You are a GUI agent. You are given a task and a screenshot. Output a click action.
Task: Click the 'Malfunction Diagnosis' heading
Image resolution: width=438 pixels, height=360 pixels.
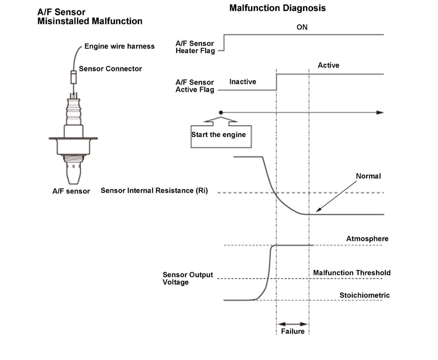click(277, 8)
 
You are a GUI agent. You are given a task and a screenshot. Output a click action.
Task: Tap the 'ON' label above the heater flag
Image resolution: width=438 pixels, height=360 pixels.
click(302, 27)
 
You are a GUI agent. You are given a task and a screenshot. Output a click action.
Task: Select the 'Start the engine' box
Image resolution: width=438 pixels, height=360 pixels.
click(221, 137)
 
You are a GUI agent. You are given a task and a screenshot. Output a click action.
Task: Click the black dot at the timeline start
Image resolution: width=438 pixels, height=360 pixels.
click(221, 112)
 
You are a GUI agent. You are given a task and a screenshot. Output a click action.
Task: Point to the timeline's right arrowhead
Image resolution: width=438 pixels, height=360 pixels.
click(380, 112)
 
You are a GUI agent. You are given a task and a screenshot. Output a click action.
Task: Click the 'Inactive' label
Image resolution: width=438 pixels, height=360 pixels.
click(243, 81)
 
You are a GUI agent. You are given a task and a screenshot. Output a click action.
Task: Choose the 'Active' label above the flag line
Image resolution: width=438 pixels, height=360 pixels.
click(328, 65)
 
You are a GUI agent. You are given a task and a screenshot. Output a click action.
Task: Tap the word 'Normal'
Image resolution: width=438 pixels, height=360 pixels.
click(368, 176)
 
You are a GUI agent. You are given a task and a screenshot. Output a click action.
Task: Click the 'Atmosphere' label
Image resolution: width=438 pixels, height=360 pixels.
click(367, 238)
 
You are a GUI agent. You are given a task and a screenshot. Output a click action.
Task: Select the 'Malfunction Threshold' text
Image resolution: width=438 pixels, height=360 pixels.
click(352, 273)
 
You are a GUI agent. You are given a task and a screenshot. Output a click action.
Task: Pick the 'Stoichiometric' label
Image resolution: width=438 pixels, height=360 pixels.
click(365, 295)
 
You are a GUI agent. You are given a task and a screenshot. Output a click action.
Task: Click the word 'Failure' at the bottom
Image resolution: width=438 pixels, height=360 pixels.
click(293, 331)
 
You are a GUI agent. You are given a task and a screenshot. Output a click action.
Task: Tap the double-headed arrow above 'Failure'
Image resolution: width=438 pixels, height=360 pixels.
click(293, 324)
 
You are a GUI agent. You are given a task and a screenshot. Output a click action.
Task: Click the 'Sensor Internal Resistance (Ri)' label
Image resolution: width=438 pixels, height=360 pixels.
click(154, 191)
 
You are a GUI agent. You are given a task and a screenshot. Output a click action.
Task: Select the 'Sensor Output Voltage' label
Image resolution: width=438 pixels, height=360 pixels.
click(188, 279)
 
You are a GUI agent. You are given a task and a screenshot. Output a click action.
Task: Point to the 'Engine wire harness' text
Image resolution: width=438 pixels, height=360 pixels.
click(119, 46)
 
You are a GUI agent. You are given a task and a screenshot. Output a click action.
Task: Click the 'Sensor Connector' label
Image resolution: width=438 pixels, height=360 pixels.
click(110, 69)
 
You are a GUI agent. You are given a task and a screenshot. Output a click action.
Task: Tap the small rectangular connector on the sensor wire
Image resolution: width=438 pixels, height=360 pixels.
click(73, 77)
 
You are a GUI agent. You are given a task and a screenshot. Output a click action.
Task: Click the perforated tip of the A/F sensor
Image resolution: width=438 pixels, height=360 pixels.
click(73, 173)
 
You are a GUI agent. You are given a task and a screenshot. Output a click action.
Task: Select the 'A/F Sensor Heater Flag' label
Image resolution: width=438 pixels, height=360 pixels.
click(195, 47)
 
